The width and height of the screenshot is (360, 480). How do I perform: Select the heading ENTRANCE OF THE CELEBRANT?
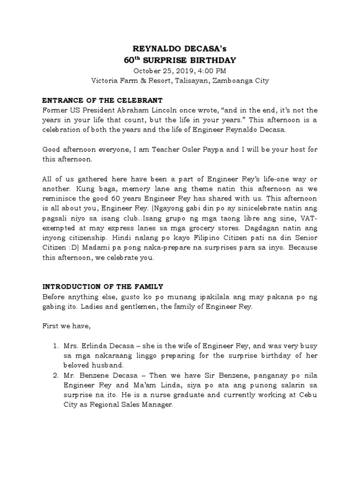coord(102,101)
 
